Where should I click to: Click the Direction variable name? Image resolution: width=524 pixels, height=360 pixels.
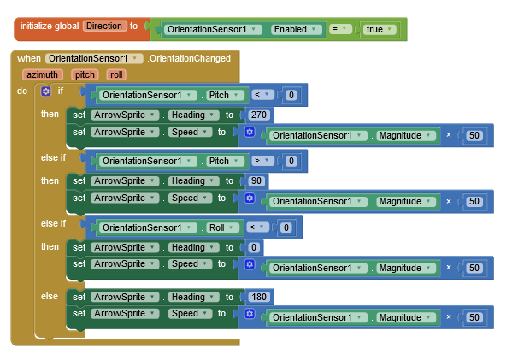(x=105, y=26)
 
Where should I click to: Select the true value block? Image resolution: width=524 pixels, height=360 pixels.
(x=380, y=29)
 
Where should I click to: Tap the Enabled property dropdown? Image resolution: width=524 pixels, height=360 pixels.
(x=295, y=29)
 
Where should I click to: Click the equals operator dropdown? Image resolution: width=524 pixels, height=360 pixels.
(x=340, y=29)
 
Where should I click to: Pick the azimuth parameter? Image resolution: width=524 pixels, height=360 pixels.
(x=43, y=74)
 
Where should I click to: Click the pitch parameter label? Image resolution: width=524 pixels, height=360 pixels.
(x=85, y=74)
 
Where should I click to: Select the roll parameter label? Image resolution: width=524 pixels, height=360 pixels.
(x=116, y=74)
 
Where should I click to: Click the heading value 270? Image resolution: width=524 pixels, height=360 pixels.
(x=259, y=115)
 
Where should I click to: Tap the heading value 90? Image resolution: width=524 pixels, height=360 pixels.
(x=256, y=180)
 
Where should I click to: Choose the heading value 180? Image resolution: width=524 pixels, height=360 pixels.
(x=259, y=297)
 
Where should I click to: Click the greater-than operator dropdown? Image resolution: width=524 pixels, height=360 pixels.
(x=262, y=161)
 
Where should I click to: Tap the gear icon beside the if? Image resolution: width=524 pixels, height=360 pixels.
(x=46, y=91)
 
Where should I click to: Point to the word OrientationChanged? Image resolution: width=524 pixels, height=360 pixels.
(x=190, y=58)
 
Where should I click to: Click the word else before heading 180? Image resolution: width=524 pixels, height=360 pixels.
(x=50, y=296)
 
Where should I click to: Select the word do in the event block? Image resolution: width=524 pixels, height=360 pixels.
(x=22, y=91)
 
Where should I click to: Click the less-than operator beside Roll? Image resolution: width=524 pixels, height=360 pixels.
(x=257, y=227)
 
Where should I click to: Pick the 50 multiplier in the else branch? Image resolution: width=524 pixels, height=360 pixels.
(x=474, y=317)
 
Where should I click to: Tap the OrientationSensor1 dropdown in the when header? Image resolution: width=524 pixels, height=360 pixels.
(x=94, y=58)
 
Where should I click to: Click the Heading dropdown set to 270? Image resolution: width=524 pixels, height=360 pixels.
(x=193, y=115)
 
